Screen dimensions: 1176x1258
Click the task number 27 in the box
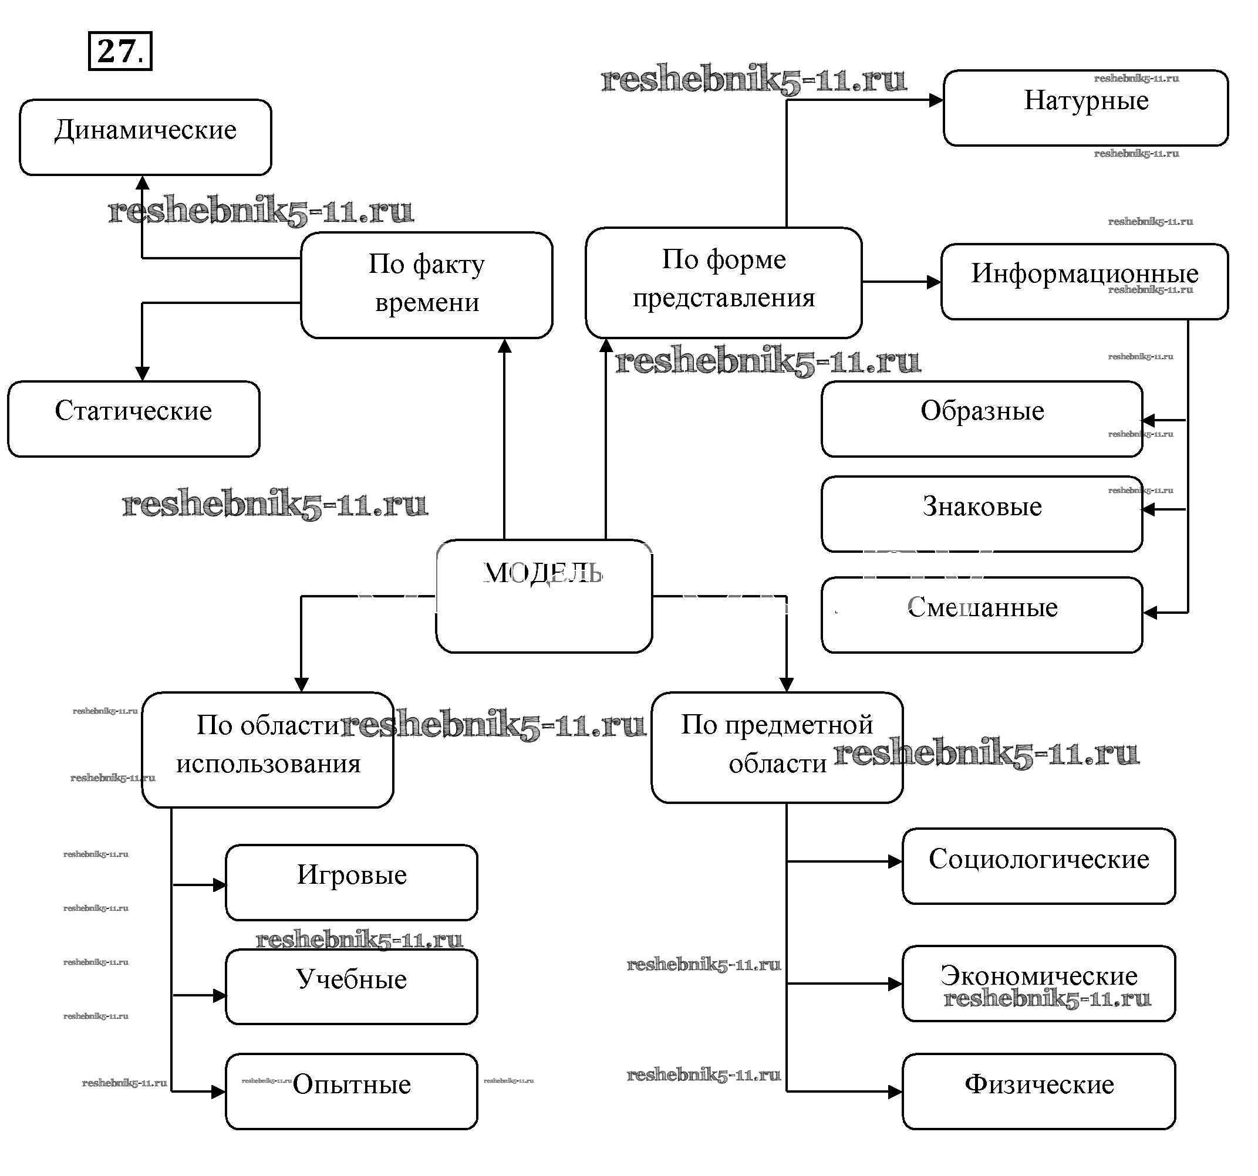[120, 50]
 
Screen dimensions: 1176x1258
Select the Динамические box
[146, 137]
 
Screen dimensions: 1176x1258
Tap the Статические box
[133, 418]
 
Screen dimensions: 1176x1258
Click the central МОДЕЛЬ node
[544, 595]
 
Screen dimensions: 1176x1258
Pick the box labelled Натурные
[1085, 107]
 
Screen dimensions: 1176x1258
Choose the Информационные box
[1084, 281]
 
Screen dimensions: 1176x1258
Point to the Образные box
[982, 418]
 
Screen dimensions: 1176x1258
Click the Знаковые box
[982, 513]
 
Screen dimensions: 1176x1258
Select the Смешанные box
[982, 614]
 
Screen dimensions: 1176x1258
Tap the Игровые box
[351, 882]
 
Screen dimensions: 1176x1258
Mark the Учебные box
[351, 986]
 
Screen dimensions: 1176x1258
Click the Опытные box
[351, 1090]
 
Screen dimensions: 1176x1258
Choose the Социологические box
[1038, 866]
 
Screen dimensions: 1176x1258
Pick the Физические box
[1038, 1090]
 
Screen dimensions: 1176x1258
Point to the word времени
[427, 302]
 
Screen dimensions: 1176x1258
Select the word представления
[723, 298]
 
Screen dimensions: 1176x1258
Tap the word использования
[268, 763]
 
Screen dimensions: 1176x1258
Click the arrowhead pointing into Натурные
[936, 100]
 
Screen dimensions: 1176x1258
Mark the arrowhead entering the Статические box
[143, 373]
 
